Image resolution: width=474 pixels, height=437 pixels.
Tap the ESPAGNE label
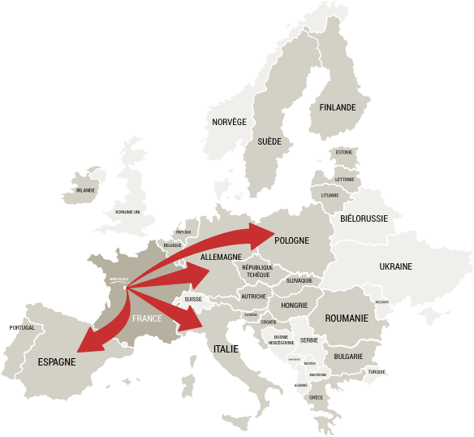[57, 362]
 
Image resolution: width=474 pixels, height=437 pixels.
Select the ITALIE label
[226, 348]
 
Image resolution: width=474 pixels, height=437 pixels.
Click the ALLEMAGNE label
[221, 257]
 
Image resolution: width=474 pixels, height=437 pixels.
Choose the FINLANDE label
[338, 107]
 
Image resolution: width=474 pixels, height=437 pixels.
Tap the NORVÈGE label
[229, 122]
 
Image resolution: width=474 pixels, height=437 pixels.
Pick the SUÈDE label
[269, 141]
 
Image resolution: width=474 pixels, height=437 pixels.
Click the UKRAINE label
[395, 266]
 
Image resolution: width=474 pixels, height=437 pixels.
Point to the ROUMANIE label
[347, 318]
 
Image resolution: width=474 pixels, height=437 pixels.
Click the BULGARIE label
[347, 356]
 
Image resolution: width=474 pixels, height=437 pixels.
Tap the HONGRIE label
[293, 305]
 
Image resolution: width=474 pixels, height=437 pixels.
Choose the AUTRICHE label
[253, 296]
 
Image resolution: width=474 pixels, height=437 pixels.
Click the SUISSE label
[193, 299]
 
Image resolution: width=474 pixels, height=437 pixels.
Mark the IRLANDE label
[85, 190]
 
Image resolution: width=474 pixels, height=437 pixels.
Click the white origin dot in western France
[124, 286]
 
